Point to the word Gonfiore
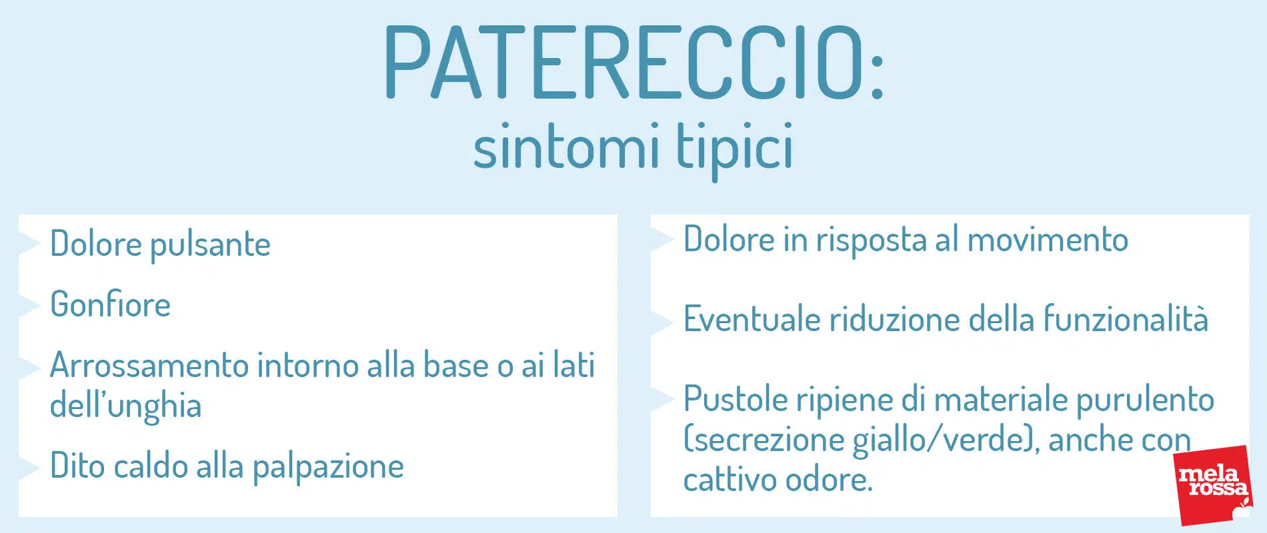click(x=111, y=304)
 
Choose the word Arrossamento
click(x=149, y=365)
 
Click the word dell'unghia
click(x=126, y=406)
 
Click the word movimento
click(x=1047, y=240)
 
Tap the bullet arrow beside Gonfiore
click(x=31, y=304)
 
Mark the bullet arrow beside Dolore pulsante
click(x=31, y=244)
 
